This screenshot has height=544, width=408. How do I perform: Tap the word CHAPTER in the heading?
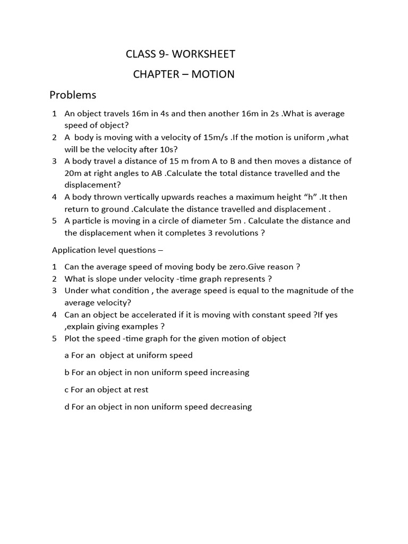(x=156, y=74)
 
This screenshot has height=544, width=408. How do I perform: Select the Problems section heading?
(x=73, y=96)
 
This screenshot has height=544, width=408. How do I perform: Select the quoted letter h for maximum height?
(x=307, y=197)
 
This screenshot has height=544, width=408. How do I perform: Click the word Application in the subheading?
(x=74, y=250)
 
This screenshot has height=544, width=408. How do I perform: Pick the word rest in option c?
(x=140, y=389)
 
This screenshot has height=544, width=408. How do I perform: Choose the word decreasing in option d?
(x=227, y=407)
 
